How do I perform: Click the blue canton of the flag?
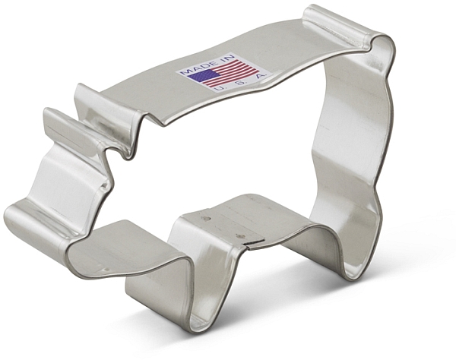[x=203, y=76]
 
